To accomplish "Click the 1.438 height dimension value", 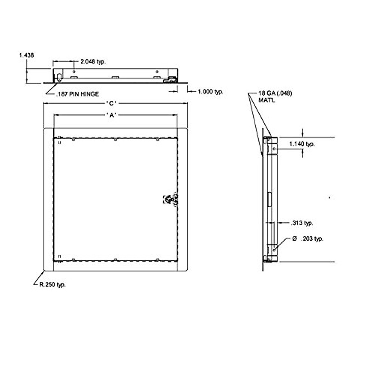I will pyautogui.click(x=26, y=55).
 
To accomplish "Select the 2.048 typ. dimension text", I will pyautogui.click(x=93, y=62).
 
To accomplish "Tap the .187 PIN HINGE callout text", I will pyautogui.click(x=77, y=94).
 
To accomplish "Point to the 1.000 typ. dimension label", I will pyautogui.click(x=210, y=92).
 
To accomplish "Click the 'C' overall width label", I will pyautogui.click(x=111, y=103).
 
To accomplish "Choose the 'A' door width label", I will pyautogui.click(x=111, y=115).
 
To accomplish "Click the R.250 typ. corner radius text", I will pyautogui.click(x=52, y=285).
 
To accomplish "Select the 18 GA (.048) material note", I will pyautogui.click(x=275, y=93).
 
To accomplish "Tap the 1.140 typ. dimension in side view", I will pyautogui.click(x=302, y=144).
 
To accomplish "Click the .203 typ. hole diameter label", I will pyautogui.click(x=312, y=239).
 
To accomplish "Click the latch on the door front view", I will pyautogui.click(x=170, y=199).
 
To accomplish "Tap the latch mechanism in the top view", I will pyautogui.click(x=170, y=80).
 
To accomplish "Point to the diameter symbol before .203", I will pyautogui.click(x=294, y=239).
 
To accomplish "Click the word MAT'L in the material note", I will pyautogui.click(x=266, y=100).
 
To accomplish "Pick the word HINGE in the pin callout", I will pyautogui.click(x=90, y=94).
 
